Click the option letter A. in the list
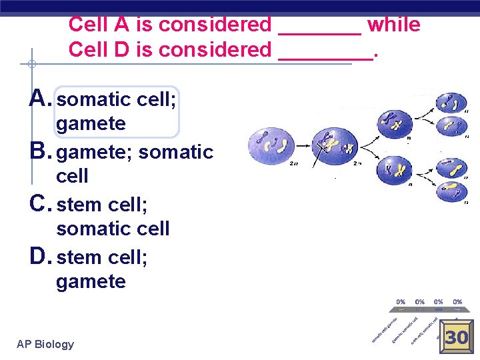(42, 99)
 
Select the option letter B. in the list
(42, 151)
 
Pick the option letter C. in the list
(42, 204)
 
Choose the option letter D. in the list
(42, 257)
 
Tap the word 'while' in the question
(393, 25)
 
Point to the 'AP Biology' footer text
(45, 344)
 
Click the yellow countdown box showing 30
(457, 337)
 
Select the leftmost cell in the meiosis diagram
(270, 144)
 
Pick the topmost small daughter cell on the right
(451, 104)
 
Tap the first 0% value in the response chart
(401, 302)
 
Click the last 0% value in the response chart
(458, 302)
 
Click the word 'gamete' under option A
(91, 124)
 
